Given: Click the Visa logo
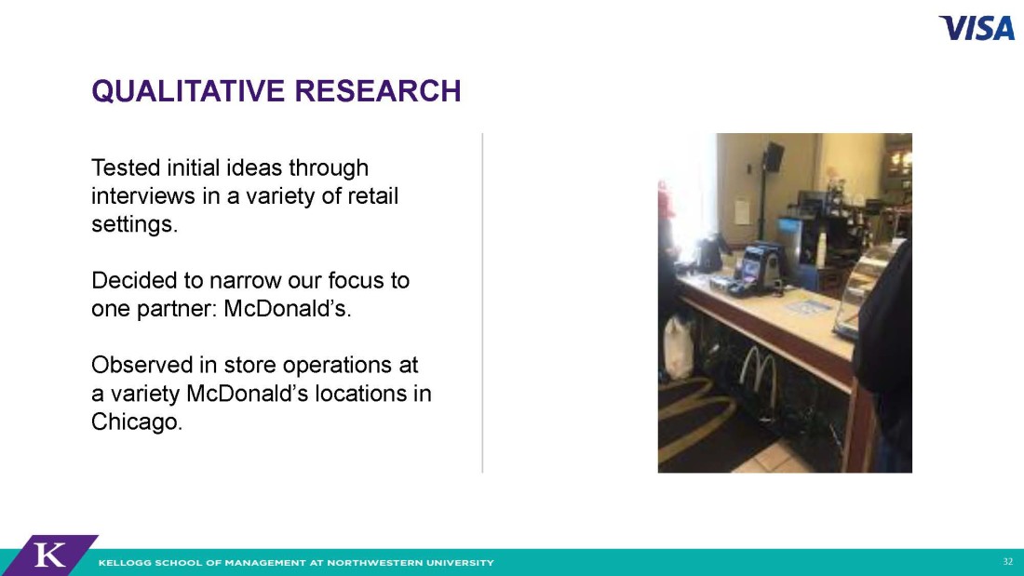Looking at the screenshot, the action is [977, 28].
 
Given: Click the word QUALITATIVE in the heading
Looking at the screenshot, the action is [189, 91].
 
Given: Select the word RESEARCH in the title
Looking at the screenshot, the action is [378, 91].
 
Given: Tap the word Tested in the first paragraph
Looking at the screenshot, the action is [126, 167].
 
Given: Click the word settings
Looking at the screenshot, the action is [135, 225].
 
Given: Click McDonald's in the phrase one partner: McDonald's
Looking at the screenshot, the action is [288, 309].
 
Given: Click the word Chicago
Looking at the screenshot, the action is [137, 422].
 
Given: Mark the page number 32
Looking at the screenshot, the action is [1007, 562].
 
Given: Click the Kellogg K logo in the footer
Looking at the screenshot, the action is [49, 556].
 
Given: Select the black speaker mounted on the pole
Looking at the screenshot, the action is [774, 156].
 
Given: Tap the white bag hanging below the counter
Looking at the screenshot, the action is [680, 348].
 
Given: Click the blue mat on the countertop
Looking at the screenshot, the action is [807, 305].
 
